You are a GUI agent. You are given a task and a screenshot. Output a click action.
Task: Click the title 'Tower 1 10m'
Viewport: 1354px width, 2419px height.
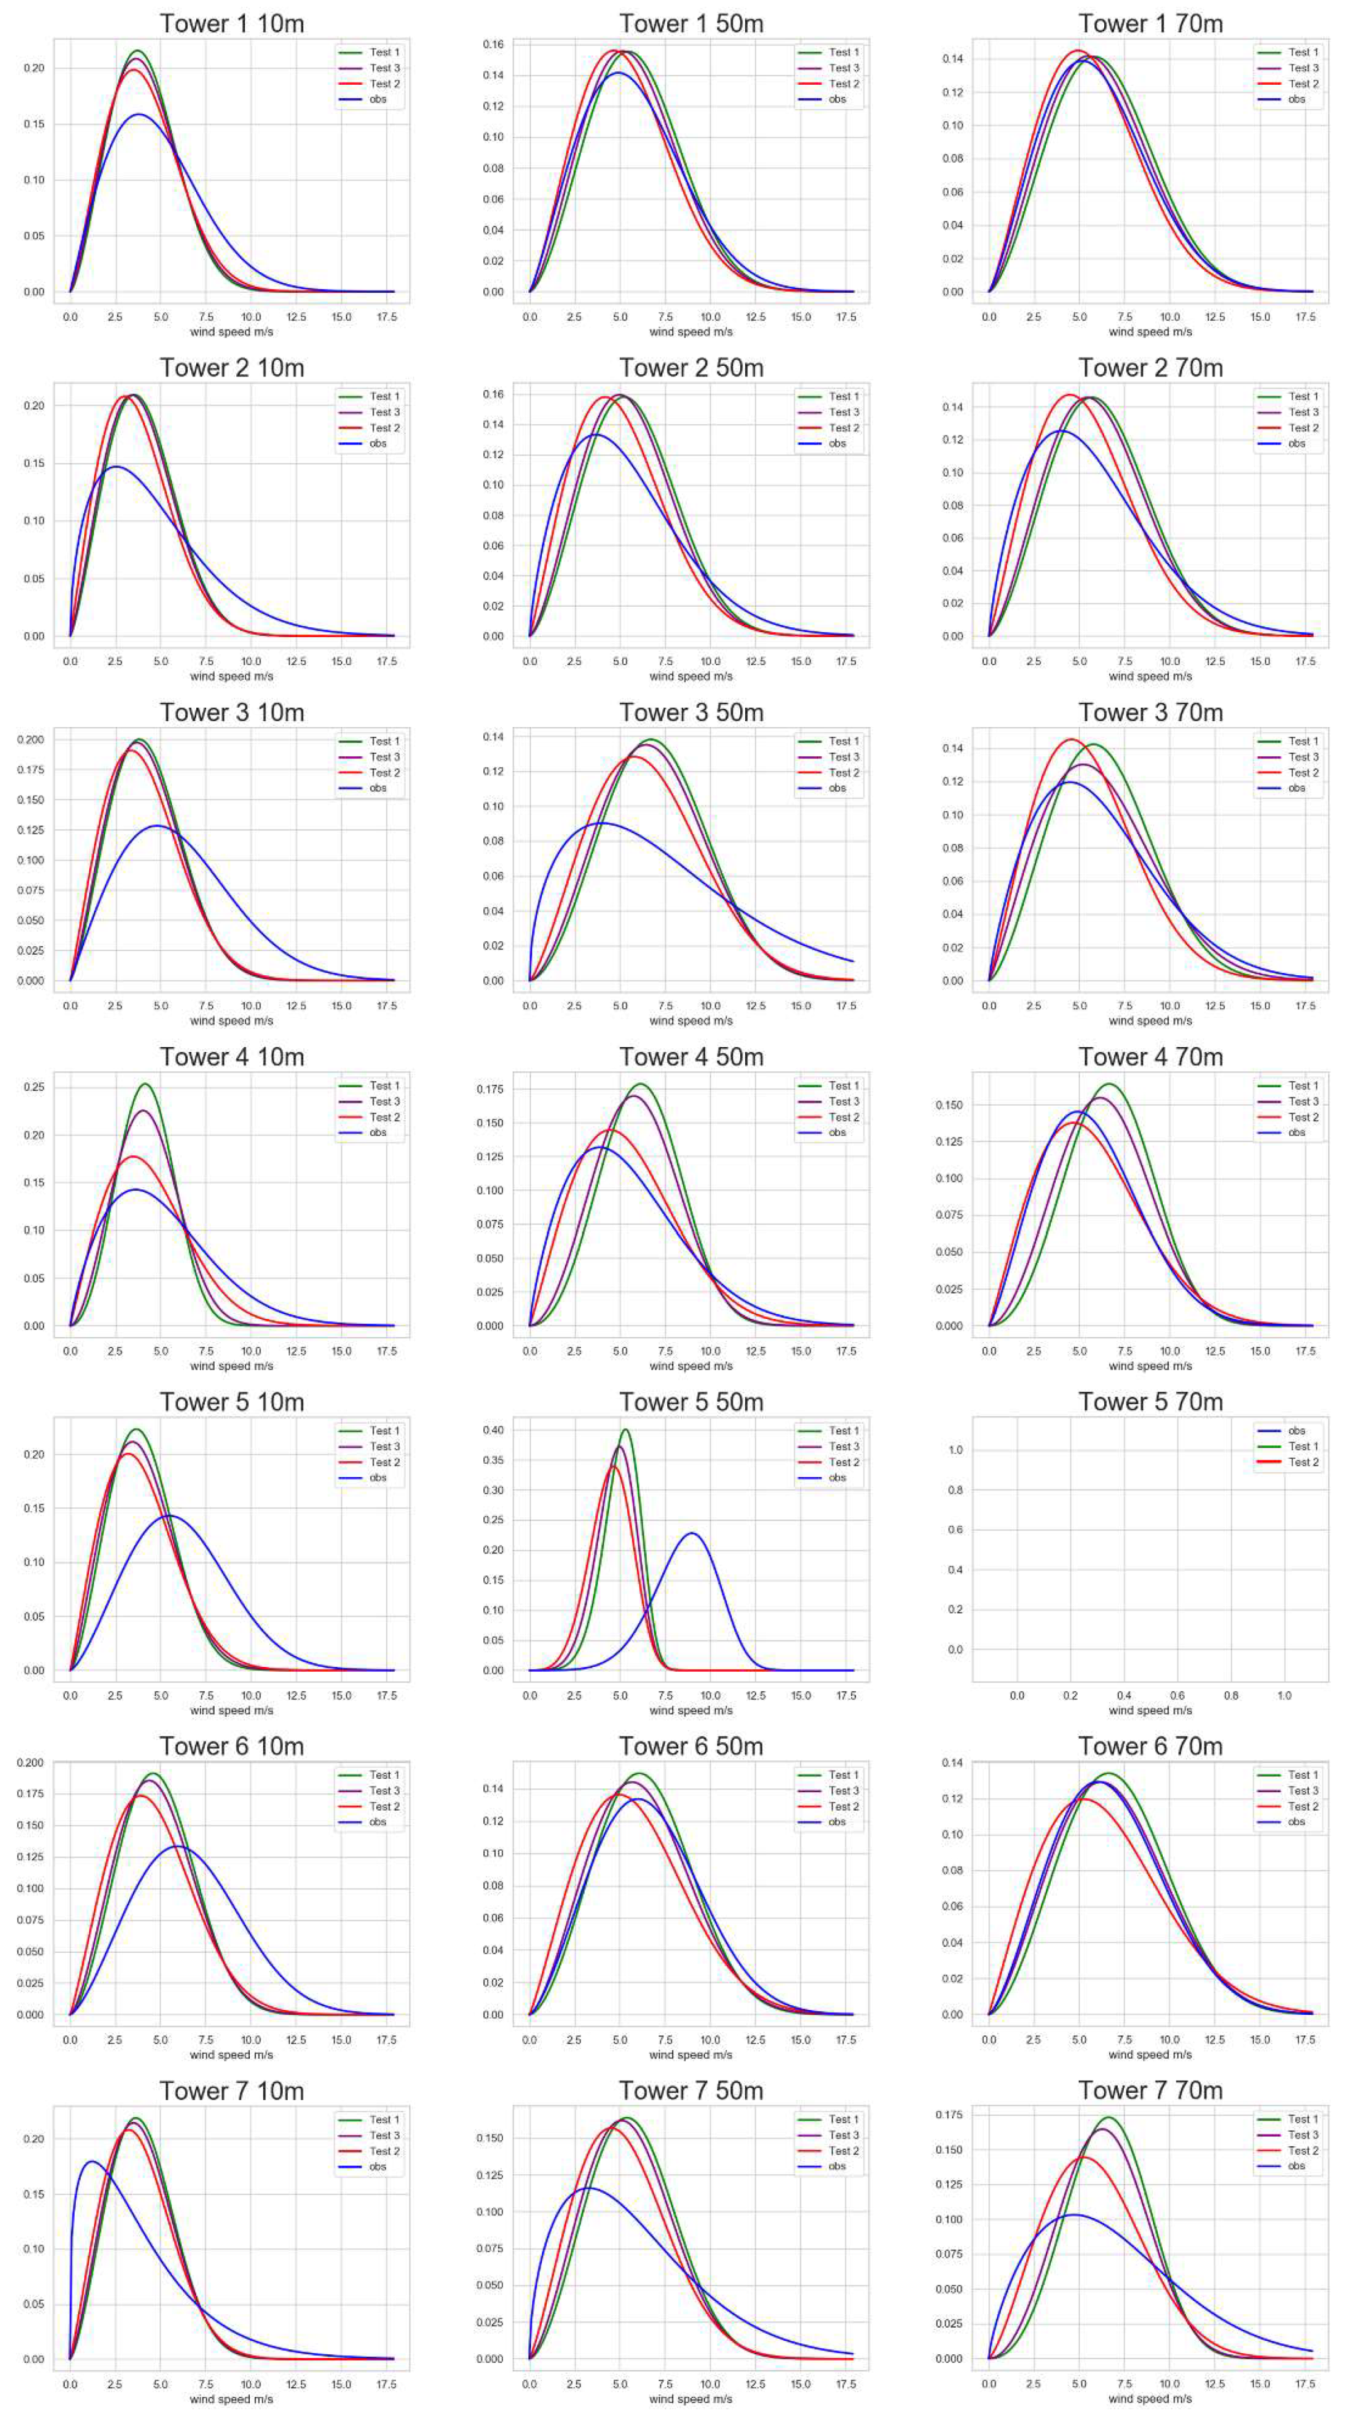tap(232, 23)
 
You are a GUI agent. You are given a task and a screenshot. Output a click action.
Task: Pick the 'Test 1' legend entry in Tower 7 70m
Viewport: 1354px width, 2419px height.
tap(1302, 2120)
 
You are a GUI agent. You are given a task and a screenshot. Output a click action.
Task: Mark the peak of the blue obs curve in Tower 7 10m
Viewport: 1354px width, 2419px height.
tap(91, 2162)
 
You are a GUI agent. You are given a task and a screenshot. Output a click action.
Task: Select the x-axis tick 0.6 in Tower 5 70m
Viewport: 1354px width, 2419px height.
tap(1177, 1695)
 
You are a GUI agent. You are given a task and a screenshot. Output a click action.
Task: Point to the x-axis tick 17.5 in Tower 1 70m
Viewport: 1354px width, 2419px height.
tap(1305, 317)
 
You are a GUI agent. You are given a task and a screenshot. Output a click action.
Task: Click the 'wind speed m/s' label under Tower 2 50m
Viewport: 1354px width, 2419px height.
tap(691, 676)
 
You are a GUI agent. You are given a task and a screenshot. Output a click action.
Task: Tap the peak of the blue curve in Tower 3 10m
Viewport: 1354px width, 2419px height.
tap(157, 825)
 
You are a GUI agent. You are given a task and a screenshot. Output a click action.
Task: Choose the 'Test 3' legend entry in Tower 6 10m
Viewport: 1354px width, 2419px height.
tap(384, 1791)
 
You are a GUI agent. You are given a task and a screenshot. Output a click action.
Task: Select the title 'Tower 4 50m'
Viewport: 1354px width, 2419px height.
tap(691, 1057)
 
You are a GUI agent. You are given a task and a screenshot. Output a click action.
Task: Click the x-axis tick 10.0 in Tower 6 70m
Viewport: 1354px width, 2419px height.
tap(1169, 2040)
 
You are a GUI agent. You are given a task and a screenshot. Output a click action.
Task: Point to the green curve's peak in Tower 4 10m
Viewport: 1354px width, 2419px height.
tap(145, 1085)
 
